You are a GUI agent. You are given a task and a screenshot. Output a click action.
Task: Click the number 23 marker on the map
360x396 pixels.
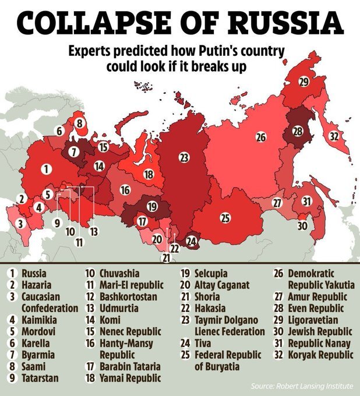tap(184, 157)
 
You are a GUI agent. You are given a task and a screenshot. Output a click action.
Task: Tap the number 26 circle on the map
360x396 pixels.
tap(260, 137)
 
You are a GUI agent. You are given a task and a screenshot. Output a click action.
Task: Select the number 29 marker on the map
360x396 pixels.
tap(303, 82)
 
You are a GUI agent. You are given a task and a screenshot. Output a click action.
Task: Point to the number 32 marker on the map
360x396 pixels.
tap(334, 137)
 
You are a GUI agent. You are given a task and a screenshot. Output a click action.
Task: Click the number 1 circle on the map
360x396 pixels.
tap(44, 169)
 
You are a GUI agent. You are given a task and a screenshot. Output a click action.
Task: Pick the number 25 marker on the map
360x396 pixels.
tap(225, 218)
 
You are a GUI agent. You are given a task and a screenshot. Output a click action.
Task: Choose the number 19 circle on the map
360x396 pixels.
tap(152, 206)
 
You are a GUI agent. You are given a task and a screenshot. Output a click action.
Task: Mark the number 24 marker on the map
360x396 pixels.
tap(192, 240)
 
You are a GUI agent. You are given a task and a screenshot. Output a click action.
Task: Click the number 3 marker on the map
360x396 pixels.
tap(21, 223)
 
